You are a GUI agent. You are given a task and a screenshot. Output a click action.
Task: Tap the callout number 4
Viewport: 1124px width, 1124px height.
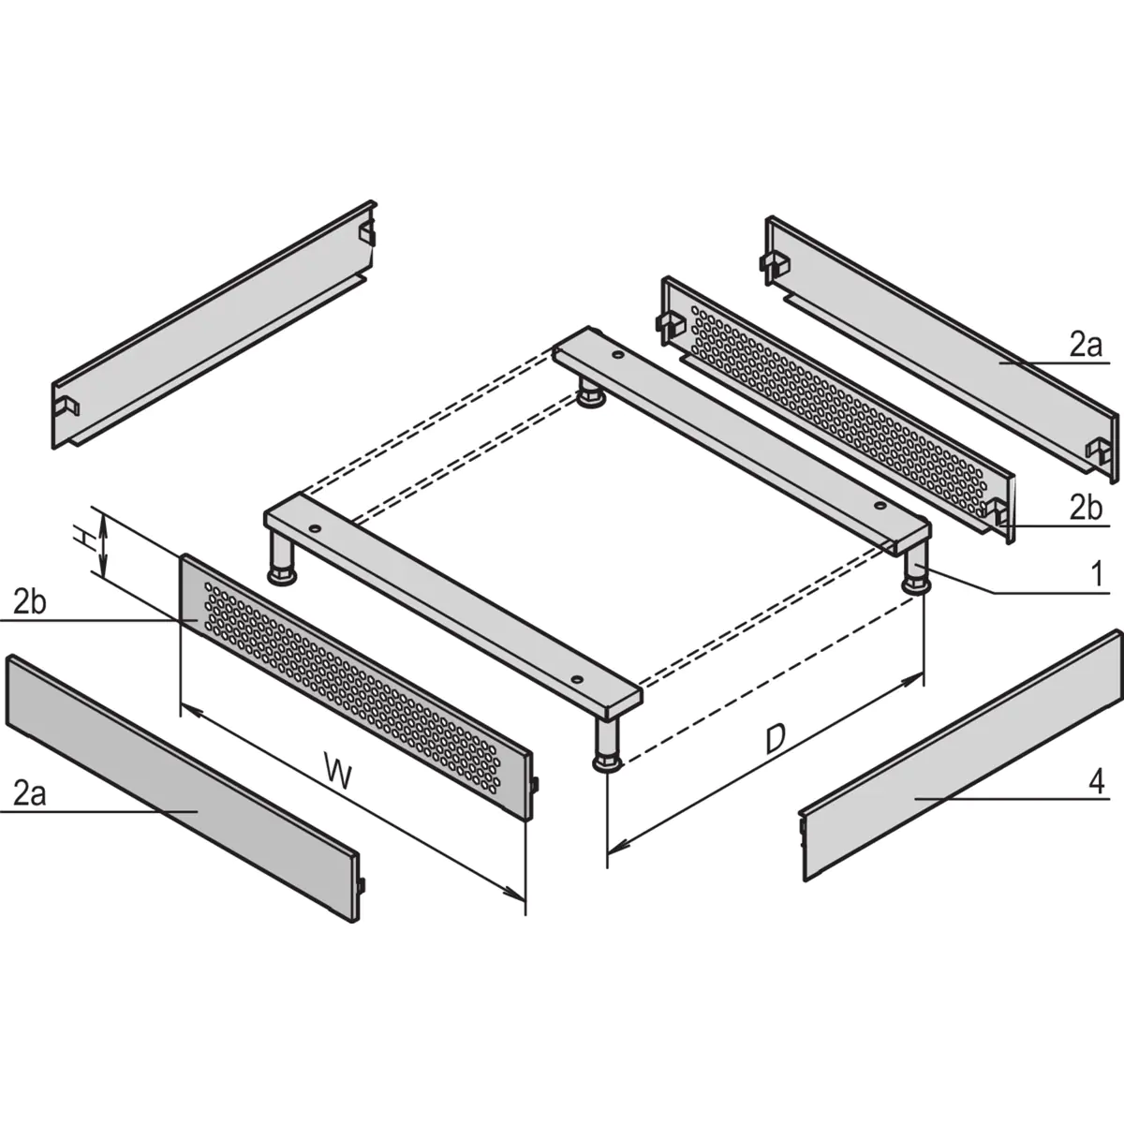(x=1098, y=779)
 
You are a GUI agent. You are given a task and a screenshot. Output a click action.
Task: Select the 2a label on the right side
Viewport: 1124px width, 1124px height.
(x=1087, y=346)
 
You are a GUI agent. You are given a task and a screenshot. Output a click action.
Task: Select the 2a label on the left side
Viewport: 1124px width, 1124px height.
(x=30, y=794)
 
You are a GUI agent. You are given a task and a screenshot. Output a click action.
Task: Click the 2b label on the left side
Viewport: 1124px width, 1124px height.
(x=30, y=602)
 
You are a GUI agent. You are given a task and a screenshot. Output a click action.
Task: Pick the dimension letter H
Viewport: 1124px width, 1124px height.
(x=85, y=538)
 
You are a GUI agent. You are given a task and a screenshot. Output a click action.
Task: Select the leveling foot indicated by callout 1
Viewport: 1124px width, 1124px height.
(x=916, y=573)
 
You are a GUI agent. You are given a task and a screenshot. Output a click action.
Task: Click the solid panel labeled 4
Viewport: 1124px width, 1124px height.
(x=955, y=759)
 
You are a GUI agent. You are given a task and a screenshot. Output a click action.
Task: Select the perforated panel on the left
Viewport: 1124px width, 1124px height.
(x=356, y=684)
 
